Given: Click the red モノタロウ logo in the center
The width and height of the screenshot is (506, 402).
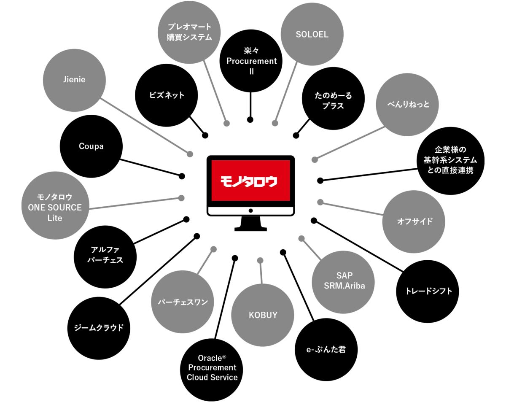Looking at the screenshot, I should point(250,181).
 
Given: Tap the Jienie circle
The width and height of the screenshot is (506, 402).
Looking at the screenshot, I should point(75,80).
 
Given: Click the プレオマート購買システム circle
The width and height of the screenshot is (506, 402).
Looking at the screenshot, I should point(189,32).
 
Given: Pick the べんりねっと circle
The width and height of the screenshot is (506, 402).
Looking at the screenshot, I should point(408,105).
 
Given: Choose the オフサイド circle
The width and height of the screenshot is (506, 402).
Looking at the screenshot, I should point(414,221).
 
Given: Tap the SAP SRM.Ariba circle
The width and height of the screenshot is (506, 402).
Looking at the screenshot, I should point(344,281).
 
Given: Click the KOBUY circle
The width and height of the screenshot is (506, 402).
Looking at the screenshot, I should point(263,315).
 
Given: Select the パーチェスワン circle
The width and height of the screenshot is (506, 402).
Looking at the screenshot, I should point(183,302).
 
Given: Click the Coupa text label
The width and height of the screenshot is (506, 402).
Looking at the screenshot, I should point(91,146).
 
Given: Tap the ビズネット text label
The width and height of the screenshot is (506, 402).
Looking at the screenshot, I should point(167,95).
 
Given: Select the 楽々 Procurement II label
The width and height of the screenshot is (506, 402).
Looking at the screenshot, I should point(252,61).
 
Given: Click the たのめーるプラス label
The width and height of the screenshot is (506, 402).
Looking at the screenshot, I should point(333,101).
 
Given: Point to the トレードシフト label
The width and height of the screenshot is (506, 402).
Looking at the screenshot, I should point(428,291).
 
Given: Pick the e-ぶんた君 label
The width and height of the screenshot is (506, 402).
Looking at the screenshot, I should point(326,349).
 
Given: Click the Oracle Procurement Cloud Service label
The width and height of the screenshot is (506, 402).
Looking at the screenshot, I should point(212,368).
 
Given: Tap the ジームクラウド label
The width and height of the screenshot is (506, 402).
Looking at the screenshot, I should point(99,328).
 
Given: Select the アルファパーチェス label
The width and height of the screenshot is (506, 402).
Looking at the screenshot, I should point(105,255).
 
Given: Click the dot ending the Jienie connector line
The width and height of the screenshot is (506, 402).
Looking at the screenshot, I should point(190,154).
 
